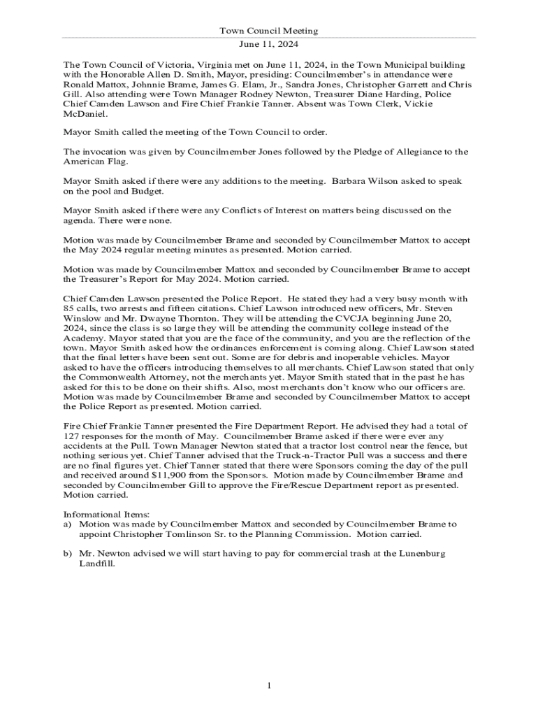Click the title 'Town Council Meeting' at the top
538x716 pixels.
click(x=269, y=31)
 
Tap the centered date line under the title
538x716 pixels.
click(x=269, y=43)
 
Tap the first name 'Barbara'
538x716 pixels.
click(x=350, y=181)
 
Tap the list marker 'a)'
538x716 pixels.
click(x=68, y=524)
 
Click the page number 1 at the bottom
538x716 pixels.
click(x=269, y=685)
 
